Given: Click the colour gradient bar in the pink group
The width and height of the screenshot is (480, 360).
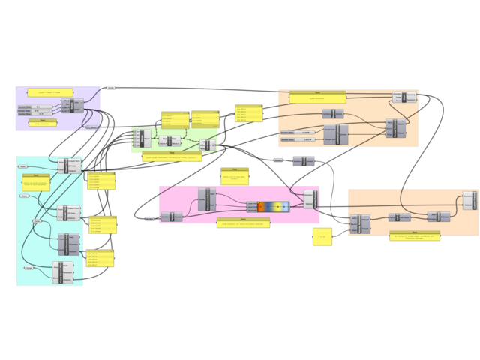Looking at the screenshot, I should [273, 206].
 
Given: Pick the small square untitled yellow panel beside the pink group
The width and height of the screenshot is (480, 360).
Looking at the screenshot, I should [322, 237].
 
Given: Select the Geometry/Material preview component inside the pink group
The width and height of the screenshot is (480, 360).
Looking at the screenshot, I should [310, 199].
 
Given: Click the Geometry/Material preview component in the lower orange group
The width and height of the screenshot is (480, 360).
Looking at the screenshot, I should [469, 200].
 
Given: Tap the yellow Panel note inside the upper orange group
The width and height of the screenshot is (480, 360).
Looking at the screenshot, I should [317, 97].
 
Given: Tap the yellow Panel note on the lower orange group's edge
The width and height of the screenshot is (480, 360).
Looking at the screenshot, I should [415, 236].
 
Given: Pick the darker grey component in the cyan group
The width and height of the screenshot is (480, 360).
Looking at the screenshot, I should [67, 243].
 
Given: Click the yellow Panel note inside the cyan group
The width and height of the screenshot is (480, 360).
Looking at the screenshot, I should [35, 183].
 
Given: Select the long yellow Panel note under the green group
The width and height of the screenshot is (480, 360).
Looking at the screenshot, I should [172, 157].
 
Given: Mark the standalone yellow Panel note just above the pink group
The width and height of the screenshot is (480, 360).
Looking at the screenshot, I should [234, 177].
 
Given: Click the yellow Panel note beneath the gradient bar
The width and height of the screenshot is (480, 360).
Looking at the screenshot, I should [243, 223].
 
